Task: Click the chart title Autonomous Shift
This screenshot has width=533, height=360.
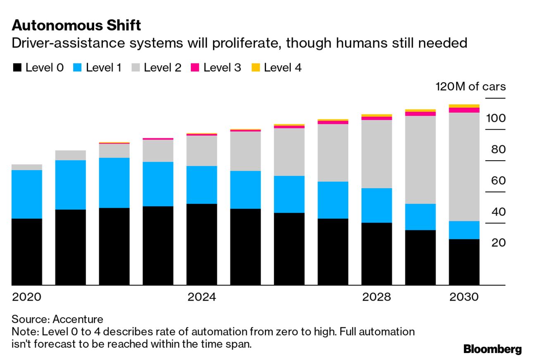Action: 76,26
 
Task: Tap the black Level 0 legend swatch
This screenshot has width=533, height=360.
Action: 17,68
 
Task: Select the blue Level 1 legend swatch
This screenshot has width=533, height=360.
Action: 77,68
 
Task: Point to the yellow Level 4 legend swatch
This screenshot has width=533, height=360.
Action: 256,68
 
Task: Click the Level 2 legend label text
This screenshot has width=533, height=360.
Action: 162,68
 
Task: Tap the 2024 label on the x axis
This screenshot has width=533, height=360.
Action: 202,297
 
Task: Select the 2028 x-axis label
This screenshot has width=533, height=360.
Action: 376,297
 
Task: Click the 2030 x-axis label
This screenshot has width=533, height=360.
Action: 464,297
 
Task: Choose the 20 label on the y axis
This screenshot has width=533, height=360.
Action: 498,242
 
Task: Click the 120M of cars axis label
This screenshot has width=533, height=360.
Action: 470,87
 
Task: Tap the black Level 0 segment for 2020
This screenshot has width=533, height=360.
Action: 27,252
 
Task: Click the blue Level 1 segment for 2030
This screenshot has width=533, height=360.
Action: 464,230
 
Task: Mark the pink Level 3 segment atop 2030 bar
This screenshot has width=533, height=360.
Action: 464,110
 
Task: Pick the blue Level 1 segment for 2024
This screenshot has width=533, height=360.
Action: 202,185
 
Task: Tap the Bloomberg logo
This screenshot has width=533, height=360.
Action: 493,349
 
